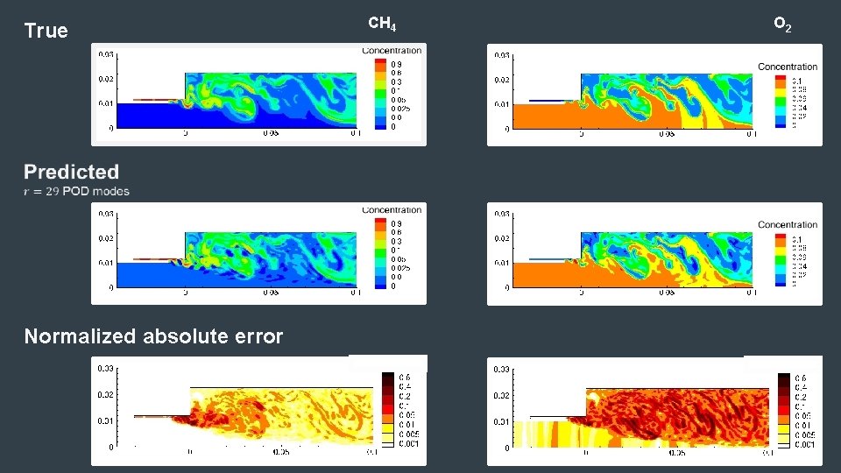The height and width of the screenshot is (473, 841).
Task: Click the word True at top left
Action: [x=46, y=32]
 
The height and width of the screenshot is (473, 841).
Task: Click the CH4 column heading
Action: [x=381, y=24]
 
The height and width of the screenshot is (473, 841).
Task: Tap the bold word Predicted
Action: [x=72, y=172]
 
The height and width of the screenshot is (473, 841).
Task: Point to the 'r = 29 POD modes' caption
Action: [x=77, y=191]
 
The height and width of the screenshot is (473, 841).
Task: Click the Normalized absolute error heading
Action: [x=153, y=336]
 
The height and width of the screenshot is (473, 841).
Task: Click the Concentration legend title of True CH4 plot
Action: [x=392, y=51]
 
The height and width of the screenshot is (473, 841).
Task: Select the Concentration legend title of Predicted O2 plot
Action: [x=788, y=225]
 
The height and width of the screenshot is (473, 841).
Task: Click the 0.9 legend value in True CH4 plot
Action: [x=396, y=64]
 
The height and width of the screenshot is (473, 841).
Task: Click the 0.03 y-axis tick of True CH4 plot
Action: [x=105, y=54]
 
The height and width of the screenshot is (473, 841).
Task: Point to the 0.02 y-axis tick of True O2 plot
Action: [x=502, y=80]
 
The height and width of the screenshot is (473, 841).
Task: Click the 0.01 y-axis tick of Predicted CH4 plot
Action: [x=105, y=263]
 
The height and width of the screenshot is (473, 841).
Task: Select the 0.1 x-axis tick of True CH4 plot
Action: [x=354, y=134]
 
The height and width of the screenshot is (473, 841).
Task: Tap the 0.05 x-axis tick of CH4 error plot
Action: [x=280, y=453]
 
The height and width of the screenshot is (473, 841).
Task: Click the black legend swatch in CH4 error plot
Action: [x=387, y=378]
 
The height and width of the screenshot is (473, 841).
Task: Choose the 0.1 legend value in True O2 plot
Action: [x=795, y=79]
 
